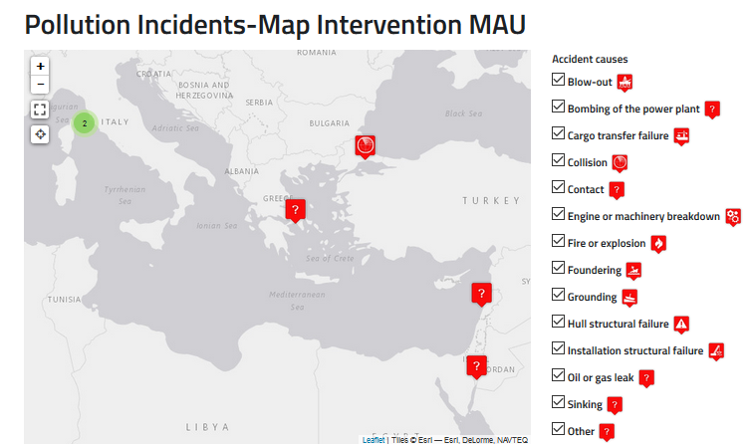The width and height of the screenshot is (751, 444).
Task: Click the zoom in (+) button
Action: (x=40, y=66)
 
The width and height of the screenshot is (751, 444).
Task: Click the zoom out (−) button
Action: (x=40, y=85)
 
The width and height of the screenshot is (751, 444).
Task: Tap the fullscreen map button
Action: (x=40, y=110)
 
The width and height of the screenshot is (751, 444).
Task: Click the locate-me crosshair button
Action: (x=40, y=133)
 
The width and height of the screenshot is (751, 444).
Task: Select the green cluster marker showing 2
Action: (x=85, y=123)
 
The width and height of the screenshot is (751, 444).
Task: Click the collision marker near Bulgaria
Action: (x=367, y=146)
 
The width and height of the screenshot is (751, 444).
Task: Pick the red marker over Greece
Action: (x=295, y=210)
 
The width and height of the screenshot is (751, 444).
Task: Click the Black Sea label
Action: (x=463, y=113)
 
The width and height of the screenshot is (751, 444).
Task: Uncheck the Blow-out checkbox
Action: (x=558, y=81)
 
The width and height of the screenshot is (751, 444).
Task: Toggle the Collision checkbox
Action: (x=558, y=161)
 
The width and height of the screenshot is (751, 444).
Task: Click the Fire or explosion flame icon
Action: (x=658, y=243)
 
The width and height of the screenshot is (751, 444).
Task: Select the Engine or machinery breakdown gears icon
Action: (x=733, y=216)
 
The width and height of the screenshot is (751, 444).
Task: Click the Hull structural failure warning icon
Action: (x=681, y=324)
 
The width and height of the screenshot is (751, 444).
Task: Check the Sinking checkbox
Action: (x=558, y=403)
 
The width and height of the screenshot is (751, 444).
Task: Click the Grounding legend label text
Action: (x=592, y=297)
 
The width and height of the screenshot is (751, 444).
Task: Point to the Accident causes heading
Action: (x=590, y=59)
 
